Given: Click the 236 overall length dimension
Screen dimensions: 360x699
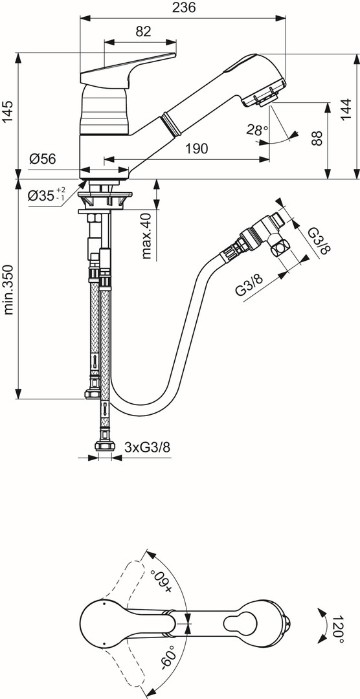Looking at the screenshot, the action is [x=183, y=8].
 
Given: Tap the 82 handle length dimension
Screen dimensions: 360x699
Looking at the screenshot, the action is [x=143, y=31].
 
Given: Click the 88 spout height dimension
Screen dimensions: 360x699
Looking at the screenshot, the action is [x=316, y=138].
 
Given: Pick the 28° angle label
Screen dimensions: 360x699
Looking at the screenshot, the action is [x=257, y=130].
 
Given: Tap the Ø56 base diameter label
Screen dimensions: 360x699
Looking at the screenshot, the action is [x=43, y=159].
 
